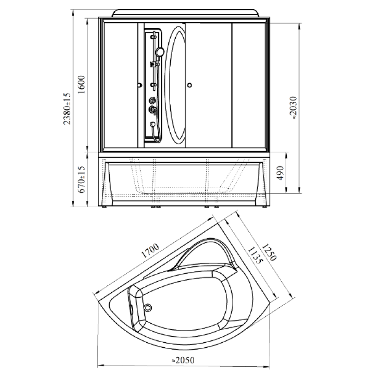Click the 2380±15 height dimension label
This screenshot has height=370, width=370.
tap(67, 109)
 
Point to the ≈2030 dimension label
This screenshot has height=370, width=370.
tap(293, 108)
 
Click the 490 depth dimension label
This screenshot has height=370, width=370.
tap(280, 173)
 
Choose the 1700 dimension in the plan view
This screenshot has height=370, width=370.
tap(150, 250)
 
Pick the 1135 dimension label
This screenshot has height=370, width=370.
tap(255, 255)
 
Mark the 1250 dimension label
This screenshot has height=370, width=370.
tap(269, 252)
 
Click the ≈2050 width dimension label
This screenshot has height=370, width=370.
tap(183, 360)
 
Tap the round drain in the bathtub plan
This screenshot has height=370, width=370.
tap(148, 308)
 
